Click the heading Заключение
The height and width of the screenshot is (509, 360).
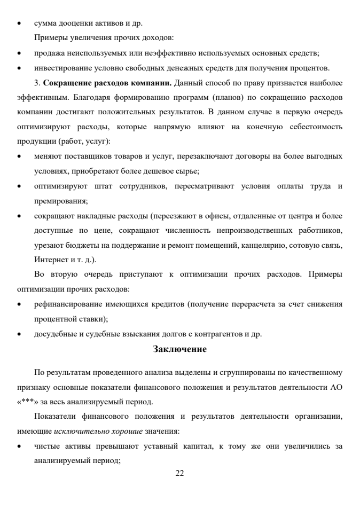click(x=179, y=349)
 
